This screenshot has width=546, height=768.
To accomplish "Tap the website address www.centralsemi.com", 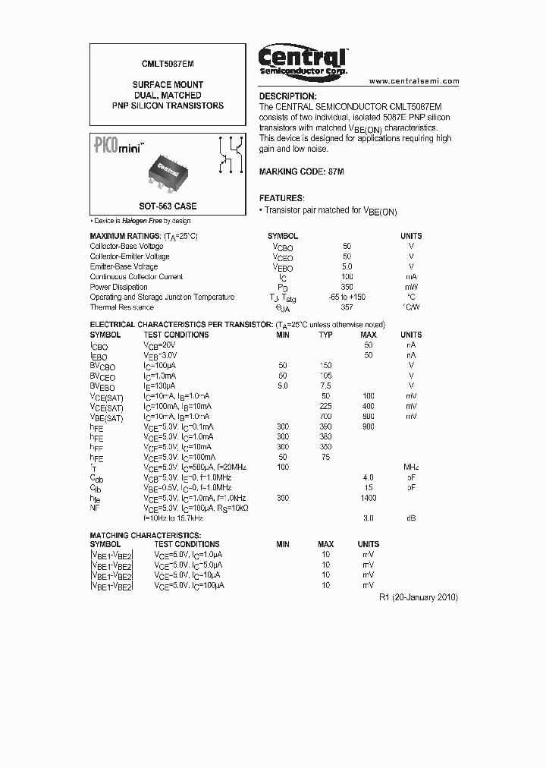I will pos(414,80).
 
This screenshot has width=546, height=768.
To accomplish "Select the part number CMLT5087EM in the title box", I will pos(168,68).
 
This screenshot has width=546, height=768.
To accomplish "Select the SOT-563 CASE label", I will pos(168,206).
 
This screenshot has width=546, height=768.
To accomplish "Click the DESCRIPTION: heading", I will pos(287,96).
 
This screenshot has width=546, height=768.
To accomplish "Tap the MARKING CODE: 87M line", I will pos(301,172).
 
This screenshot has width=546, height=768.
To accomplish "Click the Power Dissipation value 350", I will pos(347,287).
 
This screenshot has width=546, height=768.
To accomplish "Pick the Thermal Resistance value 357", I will pos(347,307).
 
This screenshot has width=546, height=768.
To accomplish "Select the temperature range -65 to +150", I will pos(347,297).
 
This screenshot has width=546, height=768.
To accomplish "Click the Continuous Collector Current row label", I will pos(136,277).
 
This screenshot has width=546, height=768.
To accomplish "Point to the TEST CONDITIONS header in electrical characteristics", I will pos(176,335).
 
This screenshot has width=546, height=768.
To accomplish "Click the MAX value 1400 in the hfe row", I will pos(369,498).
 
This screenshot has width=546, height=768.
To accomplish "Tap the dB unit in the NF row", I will pos(411,518).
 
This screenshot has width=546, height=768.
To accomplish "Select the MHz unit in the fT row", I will pos(411,467).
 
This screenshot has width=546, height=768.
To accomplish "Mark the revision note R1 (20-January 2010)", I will pos(418,597).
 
